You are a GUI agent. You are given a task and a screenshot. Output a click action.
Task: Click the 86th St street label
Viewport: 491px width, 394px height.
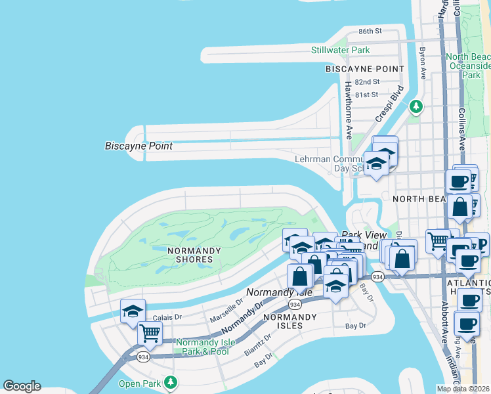(370, 31)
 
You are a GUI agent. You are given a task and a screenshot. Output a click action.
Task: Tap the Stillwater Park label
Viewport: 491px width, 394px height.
(340, 50)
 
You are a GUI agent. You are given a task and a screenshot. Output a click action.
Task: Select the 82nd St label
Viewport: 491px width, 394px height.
(367, 82)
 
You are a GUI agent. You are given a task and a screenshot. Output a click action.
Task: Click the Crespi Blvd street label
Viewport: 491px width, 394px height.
(388, 104)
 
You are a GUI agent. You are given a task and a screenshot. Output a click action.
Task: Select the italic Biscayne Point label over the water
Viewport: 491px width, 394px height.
(139, 146)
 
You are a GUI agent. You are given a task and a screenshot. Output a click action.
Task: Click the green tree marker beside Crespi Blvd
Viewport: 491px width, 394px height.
(416, 106)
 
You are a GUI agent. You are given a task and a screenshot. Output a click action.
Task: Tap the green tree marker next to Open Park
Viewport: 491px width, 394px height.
(171, 382)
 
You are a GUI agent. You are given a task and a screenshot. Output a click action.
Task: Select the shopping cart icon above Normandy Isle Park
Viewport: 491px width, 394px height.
(150, 334)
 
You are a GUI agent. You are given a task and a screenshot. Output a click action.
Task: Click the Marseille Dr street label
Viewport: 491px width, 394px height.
(226, 312)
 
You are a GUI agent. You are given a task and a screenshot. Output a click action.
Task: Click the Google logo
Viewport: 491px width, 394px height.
(22, 386)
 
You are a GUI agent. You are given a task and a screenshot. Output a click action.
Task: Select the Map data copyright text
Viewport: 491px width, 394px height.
(463, 389)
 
